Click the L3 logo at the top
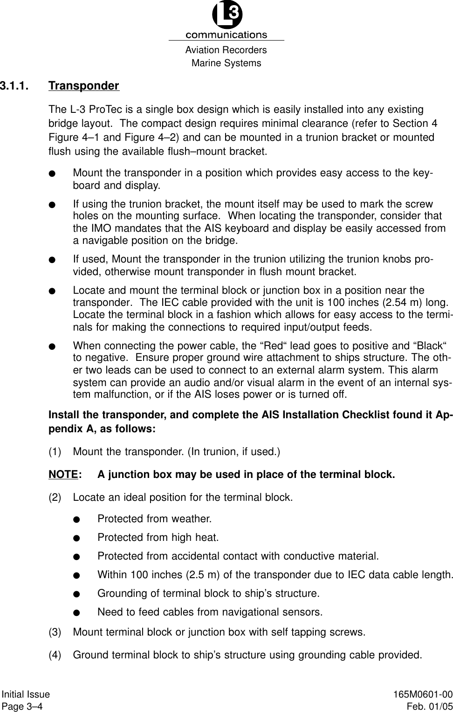click(227, 16)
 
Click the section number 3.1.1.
click(14, 86)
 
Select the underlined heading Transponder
click(84, 86)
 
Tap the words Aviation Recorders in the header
click(226, 50)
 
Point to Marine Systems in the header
click(226, 63)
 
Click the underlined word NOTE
click(63, 475)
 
